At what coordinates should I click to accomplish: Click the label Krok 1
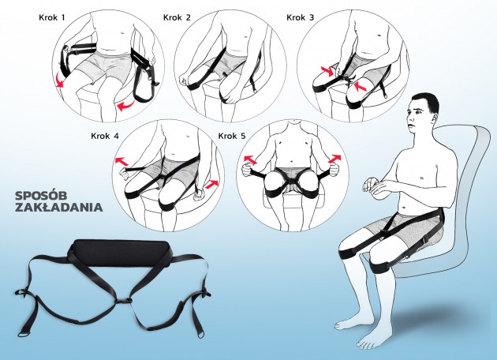(51, 17)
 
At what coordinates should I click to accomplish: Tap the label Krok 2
(177, 17)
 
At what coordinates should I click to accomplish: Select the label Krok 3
(300, 17)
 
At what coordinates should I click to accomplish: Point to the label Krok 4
(105, 136)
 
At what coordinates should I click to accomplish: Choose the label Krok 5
(232, 136)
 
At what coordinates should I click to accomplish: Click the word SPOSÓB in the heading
(38, 196)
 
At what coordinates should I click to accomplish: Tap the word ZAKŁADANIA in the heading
(59, 207)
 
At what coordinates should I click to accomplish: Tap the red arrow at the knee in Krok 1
(126, 105)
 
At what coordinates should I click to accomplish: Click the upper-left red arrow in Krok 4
(121, 161)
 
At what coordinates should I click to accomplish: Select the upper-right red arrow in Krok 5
(336, 158)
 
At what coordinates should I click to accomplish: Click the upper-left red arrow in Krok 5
(249, 159)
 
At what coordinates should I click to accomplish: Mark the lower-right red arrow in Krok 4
(211, 185)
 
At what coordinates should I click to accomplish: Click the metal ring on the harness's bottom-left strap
(23, 334)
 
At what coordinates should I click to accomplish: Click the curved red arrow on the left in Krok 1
(58, 79)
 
